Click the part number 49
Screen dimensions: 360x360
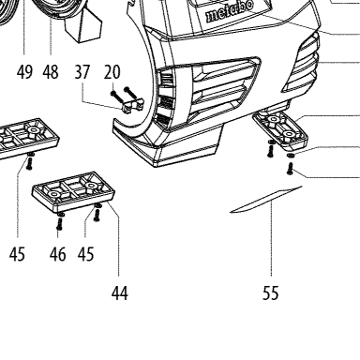click(24, 72)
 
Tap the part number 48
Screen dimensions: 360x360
click(51, 72)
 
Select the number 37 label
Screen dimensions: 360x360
click(82, 72)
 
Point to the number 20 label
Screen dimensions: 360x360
click(112, 72)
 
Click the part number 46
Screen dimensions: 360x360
click(58, 254)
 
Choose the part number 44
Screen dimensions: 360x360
click(120, 293)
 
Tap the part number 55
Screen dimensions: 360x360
click(271, 293)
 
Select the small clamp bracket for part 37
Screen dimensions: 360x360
click(132, 105)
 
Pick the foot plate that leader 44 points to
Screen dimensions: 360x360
click(73, 191)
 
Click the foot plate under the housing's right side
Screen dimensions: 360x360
click(280, 131)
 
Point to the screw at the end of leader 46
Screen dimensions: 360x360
click(59, 224)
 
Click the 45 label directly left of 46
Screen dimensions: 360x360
click(17, 254)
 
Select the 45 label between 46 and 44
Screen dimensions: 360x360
click(85, 254)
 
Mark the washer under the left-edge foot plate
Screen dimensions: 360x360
click(30, 155)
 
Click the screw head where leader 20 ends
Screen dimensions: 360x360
click(113, 94)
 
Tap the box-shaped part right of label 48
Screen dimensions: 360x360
click(83, 24)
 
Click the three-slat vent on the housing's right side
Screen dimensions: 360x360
click(302, 63)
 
